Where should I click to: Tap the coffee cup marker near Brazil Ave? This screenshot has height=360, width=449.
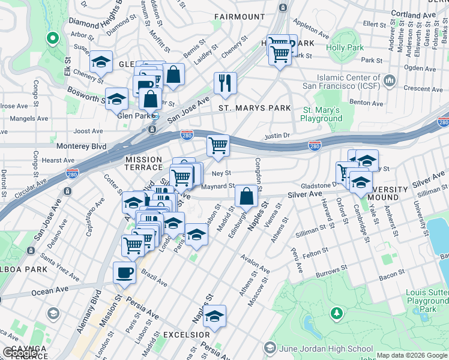coord(124,272)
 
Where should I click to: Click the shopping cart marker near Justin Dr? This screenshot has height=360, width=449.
coord(218,145)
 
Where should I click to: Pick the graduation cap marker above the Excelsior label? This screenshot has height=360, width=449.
coord(214,315)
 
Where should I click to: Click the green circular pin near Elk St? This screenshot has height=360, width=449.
coord(52,39)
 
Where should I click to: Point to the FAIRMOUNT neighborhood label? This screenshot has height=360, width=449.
coord(239,17)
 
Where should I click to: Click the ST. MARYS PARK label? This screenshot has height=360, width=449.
coord(254,108)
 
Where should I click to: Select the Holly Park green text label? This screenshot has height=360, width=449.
coord(345,47)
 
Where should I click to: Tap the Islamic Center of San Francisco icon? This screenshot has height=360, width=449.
coord(390,80)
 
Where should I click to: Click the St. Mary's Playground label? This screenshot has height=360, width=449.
coord(322,114)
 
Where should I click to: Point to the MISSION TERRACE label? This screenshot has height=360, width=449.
coord(143,164)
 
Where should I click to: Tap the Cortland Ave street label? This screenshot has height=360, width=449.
coord(413,13)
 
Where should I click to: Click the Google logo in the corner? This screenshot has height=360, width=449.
coord(20,353)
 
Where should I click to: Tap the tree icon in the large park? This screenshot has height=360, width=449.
coord(337,313)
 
